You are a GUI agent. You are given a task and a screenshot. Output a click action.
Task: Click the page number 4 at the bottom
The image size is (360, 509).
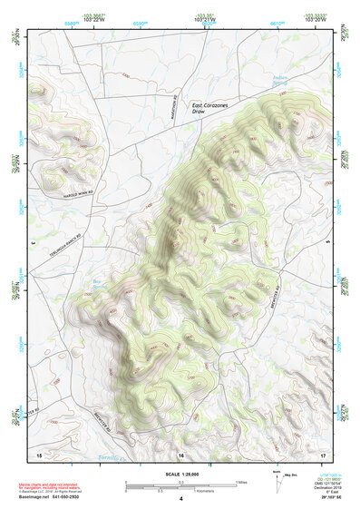(x=180, y=499)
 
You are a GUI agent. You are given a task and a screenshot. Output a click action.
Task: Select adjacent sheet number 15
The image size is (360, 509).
(x=39, y=454)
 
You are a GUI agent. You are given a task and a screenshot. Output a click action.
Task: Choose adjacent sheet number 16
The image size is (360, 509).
(x=180, y=455)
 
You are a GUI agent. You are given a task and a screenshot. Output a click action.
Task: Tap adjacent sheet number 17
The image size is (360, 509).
(x=322, y=454)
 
